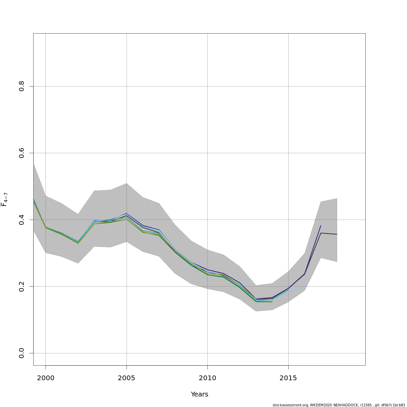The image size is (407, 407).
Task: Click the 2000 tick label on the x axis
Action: pyautogui.click(x=45, y=378)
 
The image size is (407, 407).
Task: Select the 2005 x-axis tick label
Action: pyautogui.click(x=127, y=378)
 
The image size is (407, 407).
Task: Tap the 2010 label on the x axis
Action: pyautogui.click(x=207, y=378)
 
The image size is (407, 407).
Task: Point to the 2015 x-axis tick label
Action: pyautogui.click(x=288, y=378)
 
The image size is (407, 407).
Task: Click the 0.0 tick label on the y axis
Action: pyautogui.click(x=22, y=353)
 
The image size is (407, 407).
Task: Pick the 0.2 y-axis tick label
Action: pyautogui.click(x=22, y=286)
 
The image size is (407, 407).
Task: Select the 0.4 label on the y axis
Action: pyautogui.click(x=22, y=220)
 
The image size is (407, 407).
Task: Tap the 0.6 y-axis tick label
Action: pyautogui.click(x=22, y=153)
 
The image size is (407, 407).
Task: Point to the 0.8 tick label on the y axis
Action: pyautogui.click(x=22, y=86)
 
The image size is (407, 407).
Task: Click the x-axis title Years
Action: pyautogui.click(x=199, y=394)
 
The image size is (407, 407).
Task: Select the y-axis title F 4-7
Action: pyautogui.click(x=4, y=199)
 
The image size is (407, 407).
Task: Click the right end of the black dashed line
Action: pyautogui.click(x=337, y=234)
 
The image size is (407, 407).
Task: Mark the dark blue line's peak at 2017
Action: pyautogui.click(x=321, y=226)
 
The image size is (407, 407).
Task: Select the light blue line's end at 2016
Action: pyautogui.click(x=304, y=287)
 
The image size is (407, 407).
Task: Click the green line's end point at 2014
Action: pyautogui.click(x=272, y=302)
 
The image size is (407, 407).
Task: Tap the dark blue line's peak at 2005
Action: pyautogui.click(x=127, y=213)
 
